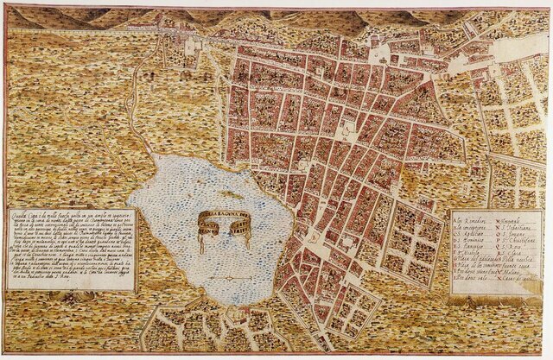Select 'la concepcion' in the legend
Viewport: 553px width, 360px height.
[x=472, y=228]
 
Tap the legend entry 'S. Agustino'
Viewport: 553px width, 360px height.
[x=472, y=234]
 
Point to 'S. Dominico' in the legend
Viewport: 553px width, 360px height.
[x=472, y=240]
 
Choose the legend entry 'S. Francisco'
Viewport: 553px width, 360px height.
[x=472, y=247]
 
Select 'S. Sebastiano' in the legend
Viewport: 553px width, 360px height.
[x=516, y=228]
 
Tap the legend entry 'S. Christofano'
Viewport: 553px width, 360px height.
[x=518, y=240]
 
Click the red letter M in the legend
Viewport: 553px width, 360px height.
[x=499, y=221]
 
